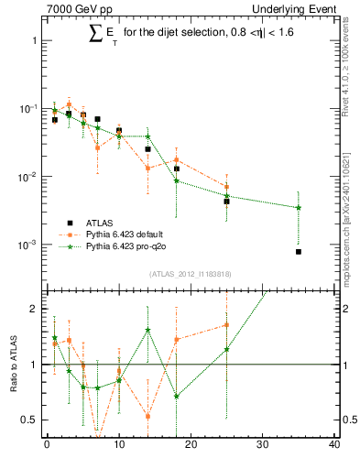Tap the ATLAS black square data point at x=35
point(299,251)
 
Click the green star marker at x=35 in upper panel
point(299,208)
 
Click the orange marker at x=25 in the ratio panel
point(226,324)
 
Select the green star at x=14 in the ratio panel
point(147,330)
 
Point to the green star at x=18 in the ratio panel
point(176,397)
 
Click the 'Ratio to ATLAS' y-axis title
point(14,364)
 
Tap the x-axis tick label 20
point(191,446)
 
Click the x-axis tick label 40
point(334,446)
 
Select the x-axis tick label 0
point(47,446)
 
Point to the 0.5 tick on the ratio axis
point(29,420)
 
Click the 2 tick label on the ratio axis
point(33,309)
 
